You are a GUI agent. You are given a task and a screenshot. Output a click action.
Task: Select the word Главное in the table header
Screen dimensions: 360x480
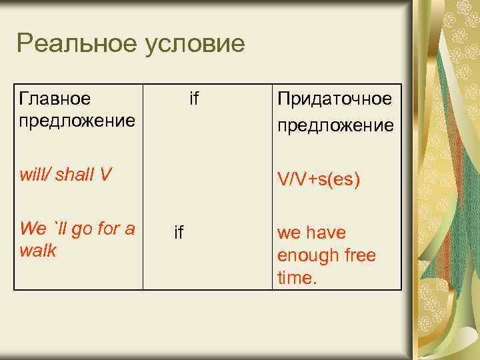coord(55,99)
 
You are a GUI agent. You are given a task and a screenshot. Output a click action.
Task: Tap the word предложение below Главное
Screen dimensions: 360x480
coord(78,121)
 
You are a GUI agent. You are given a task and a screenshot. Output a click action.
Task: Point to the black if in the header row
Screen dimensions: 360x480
coord(194,99)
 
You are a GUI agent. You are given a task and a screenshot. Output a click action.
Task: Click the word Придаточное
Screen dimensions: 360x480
coord(335,99)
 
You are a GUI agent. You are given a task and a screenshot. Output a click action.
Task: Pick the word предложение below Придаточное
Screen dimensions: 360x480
coord(335,125)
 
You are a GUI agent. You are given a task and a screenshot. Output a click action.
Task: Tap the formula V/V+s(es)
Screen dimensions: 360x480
coord(319,179)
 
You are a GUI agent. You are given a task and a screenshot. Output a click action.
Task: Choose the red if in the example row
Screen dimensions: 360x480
coord(179,232)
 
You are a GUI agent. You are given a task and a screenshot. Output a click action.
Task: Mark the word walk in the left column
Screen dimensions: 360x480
coord(38,251)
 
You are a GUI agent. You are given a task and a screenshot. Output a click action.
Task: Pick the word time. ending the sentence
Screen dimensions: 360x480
coord(297,277)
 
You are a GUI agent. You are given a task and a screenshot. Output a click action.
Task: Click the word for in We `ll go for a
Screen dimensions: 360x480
coord(109,229)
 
